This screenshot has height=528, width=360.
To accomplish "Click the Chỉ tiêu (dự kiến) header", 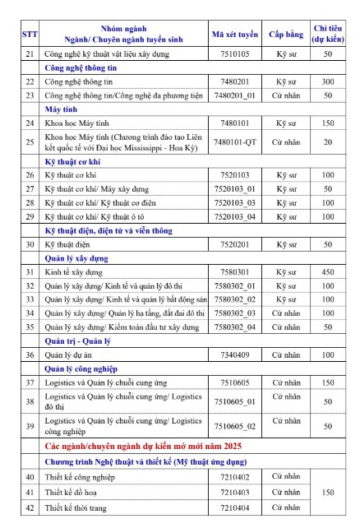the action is (328, 34).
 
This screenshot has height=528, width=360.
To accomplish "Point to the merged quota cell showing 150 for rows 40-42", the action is (328, 492).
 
